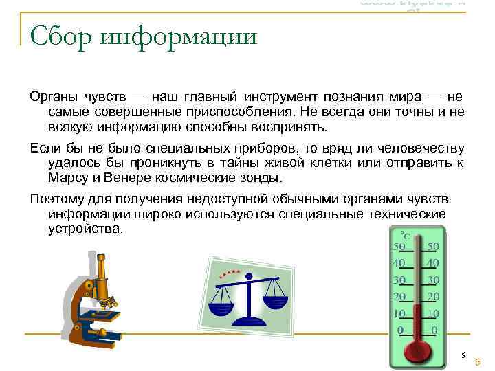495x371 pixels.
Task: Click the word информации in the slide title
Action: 178,36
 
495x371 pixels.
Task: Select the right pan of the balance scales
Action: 277,300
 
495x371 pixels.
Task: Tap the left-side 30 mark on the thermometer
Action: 399,280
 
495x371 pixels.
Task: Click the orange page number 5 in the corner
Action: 477,361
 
